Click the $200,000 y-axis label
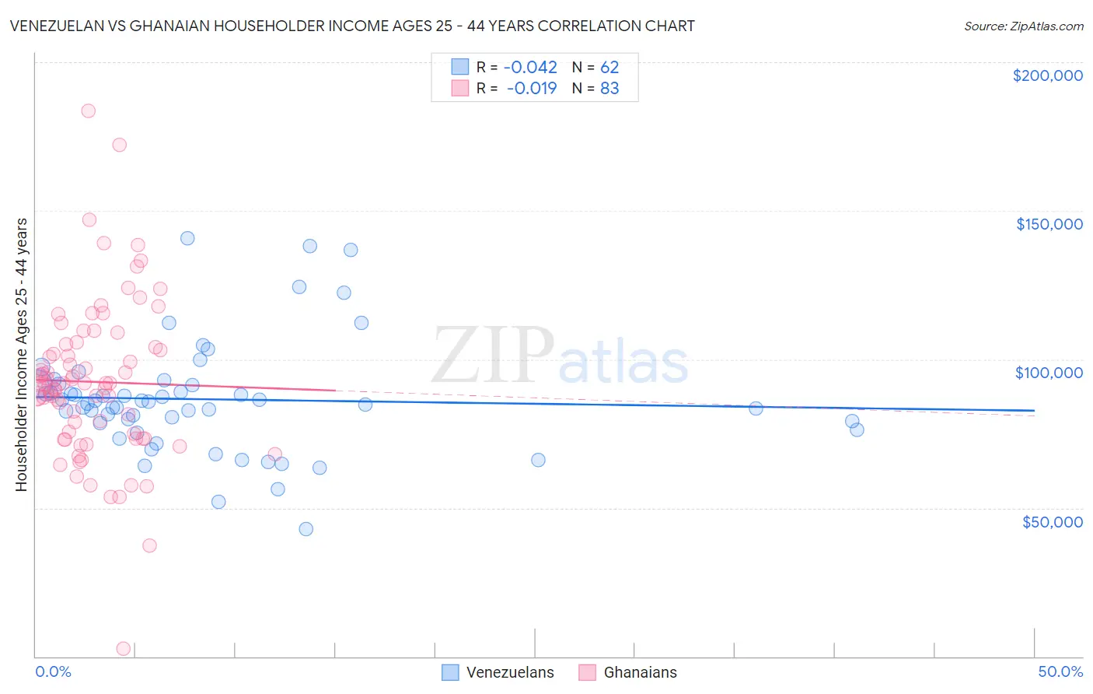tap(1047, 75)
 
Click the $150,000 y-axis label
tap(1049, 224)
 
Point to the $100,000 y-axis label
tap(1049, 373)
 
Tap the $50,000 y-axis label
tap(1052, 521)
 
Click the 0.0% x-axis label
tap(53, 671)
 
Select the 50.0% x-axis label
tap(1060, 671)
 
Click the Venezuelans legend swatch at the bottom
tap(450, 672)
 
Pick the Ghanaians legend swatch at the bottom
tap(587, 672)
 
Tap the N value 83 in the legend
tap(609, 88)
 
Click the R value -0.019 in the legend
tap(532, 88)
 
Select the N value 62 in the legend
tap(609, 67)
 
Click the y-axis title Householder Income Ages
tap(21, 354)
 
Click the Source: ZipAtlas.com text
tap(1023, 26)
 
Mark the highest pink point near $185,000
tap(89, 111)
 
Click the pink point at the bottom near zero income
tap(123, 648)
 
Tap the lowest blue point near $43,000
tap(306, 529)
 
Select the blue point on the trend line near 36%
tap(756, 408)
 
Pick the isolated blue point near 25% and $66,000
tap(538, 460)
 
